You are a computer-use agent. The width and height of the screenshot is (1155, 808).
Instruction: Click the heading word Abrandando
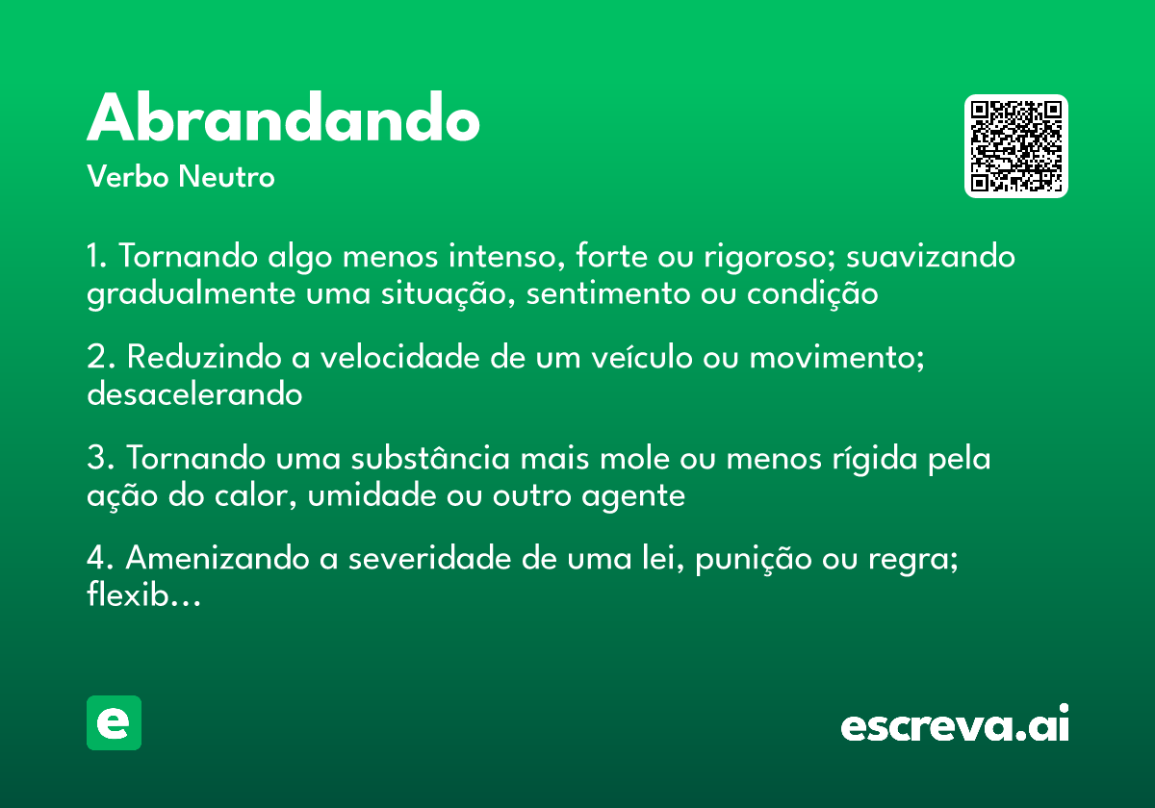click(x=284, y=116)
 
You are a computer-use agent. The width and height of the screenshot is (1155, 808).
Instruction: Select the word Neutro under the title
click(x=226, y=176)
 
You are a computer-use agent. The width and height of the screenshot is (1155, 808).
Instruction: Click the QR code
click(x=1016, y=146)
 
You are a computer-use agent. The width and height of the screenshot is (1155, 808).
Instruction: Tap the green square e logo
click(x=114, y=722)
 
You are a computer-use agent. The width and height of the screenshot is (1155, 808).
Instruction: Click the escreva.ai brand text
click(x=955, y=723)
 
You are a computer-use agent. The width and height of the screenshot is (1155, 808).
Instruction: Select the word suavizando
click(x=931, y=256)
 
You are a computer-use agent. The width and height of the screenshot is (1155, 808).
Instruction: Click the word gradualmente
click(x=191, y=294)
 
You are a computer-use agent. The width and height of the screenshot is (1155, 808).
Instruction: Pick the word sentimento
click(x=608, y=293)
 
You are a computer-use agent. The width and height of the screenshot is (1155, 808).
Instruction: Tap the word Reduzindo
click(x=204, y=357)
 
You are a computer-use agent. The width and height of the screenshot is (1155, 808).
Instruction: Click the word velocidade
click(x=400, y=357)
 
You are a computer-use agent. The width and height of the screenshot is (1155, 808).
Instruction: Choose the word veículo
click(x=642, y=357)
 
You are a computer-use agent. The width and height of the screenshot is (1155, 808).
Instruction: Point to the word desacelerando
click(x=194, y=394)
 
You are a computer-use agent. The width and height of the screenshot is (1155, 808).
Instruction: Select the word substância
click(x=430, y=458)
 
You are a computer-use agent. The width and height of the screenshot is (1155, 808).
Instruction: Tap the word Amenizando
click(x=218, y=558)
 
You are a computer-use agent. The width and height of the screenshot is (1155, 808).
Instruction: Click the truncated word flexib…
click(x=143, y=594)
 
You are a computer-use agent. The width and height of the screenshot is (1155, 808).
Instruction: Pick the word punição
click(x=754, y=560)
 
